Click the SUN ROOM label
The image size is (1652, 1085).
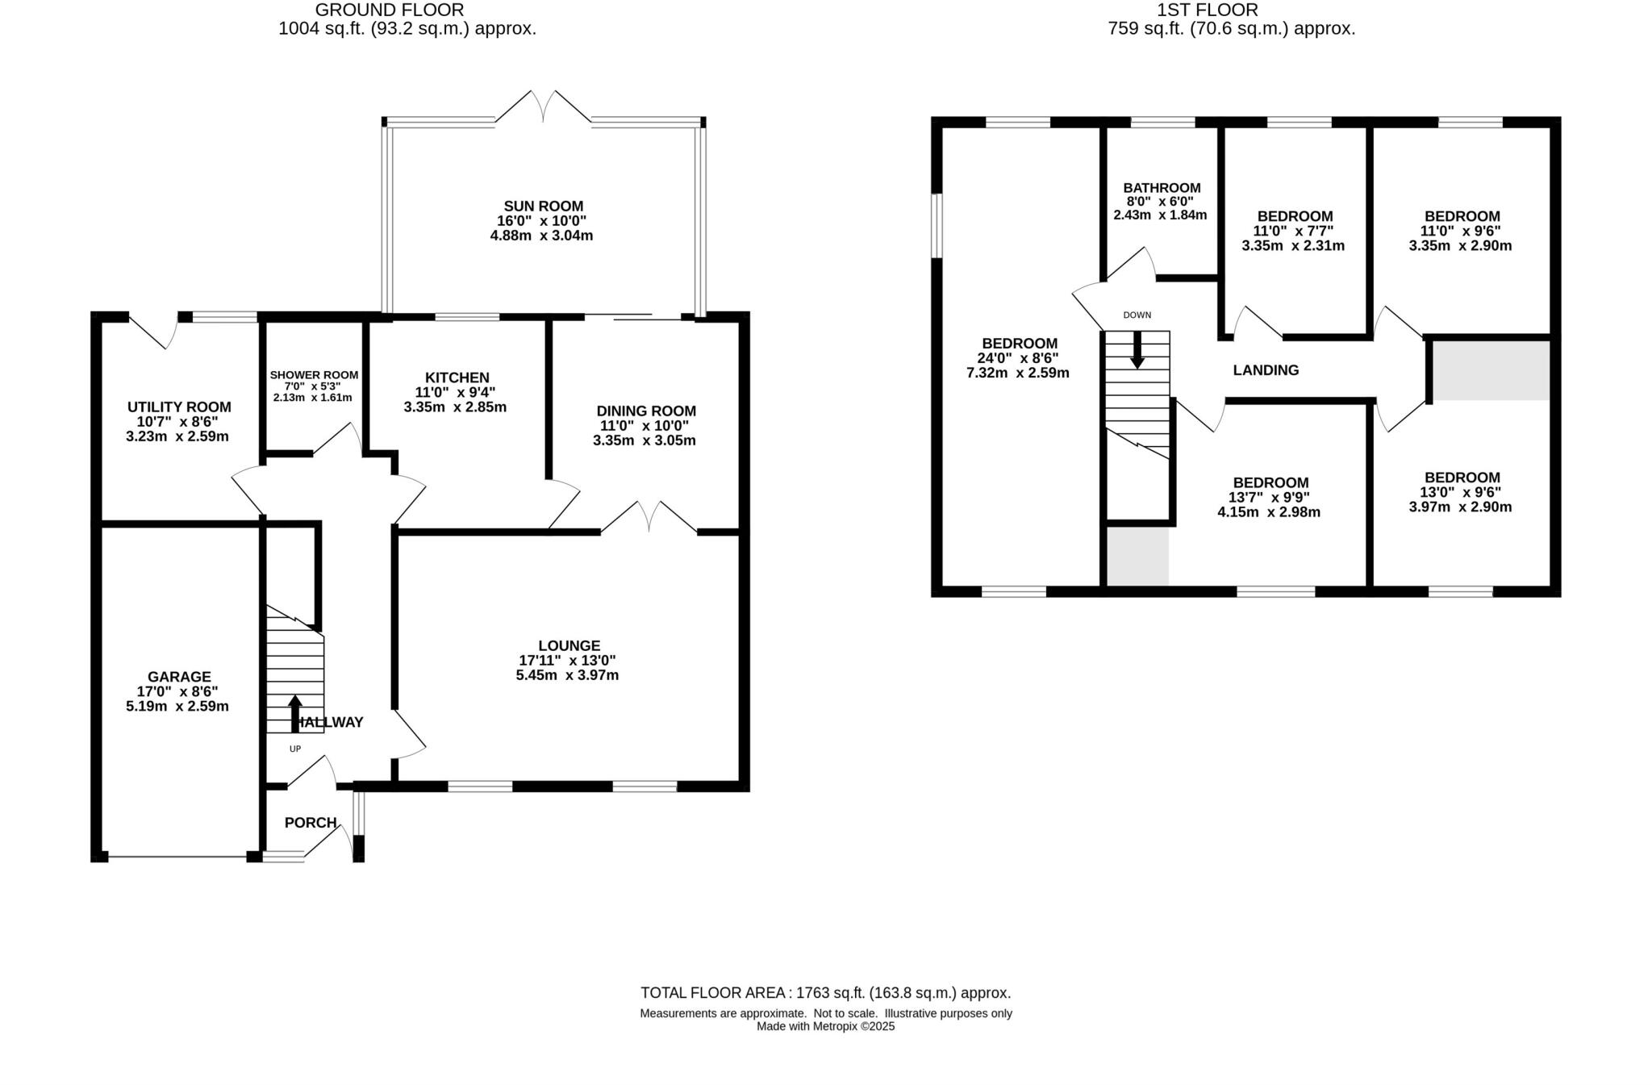(543, 207)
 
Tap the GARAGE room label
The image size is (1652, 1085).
(178, 677)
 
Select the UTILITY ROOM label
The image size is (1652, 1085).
(179, 407)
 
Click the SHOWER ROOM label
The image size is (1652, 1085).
(314, 375)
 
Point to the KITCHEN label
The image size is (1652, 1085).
(457, 378)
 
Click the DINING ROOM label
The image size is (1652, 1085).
(645, 411)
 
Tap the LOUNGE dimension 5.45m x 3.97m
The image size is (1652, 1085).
(567, 675)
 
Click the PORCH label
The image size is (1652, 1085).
(310, 823)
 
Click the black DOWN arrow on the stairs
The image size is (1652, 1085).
(1137, 350)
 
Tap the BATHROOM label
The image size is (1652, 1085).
(1162, 188)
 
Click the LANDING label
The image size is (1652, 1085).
(1266, 370)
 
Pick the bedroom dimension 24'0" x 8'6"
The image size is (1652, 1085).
(1018, 358)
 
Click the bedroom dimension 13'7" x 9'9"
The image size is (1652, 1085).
(1270, 498)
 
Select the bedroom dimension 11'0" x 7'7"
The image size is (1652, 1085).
(1294, 231)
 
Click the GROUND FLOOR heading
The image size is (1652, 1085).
(390, 10)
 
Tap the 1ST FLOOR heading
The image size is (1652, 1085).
(1207, 10)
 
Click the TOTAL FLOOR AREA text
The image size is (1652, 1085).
(825, 993)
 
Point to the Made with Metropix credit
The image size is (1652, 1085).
(825, 1027)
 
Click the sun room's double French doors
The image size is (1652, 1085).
(544, 109)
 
